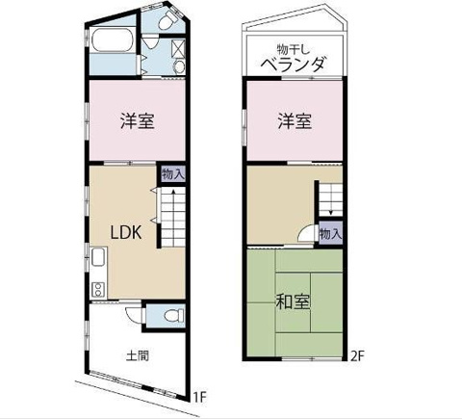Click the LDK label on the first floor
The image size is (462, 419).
126,232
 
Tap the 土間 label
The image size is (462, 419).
138,355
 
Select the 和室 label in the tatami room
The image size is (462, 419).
293,301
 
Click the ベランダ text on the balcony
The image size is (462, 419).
294,65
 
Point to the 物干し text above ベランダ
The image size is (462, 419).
293,49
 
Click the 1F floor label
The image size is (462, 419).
199,398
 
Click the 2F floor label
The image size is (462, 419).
357,356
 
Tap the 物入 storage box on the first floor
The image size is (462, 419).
173,174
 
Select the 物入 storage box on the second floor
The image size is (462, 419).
330,233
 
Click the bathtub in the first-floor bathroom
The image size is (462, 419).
113,40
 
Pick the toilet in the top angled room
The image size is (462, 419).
167,21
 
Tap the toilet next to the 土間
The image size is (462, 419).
174,316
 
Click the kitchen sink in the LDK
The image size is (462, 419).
98,257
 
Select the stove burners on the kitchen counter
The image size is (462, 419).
97,289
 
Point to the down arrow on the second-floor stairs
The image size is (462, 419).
330,205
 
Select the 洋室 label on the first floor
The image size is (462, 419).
138,120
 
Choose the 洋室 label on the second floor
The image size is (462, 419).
295,120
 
